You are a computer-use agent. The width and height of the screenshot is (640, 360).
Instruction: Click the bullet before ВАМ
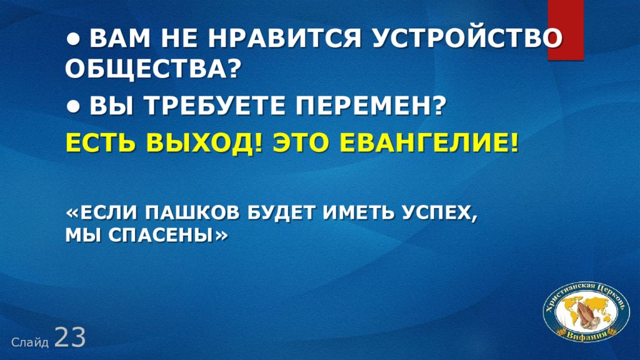(x=73, y=39)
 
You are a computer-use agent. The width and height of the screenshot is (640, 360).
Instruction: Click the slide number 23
(x=70, y=337)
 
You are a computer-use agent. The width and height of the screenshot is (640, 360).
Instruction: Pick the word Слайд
(x=30, y=342)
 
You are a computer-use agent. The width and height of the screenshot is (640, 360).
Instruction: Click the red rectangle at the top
(x=565, y=30)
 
